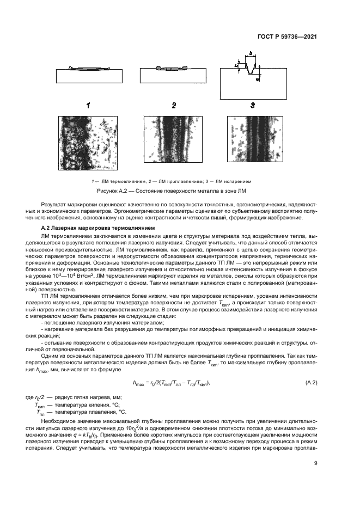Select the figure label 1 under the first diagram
(88, 106)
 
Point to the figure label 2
(173, 106)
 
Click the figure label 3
(252, 106)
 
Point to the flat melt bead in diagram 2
(171, 69)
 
